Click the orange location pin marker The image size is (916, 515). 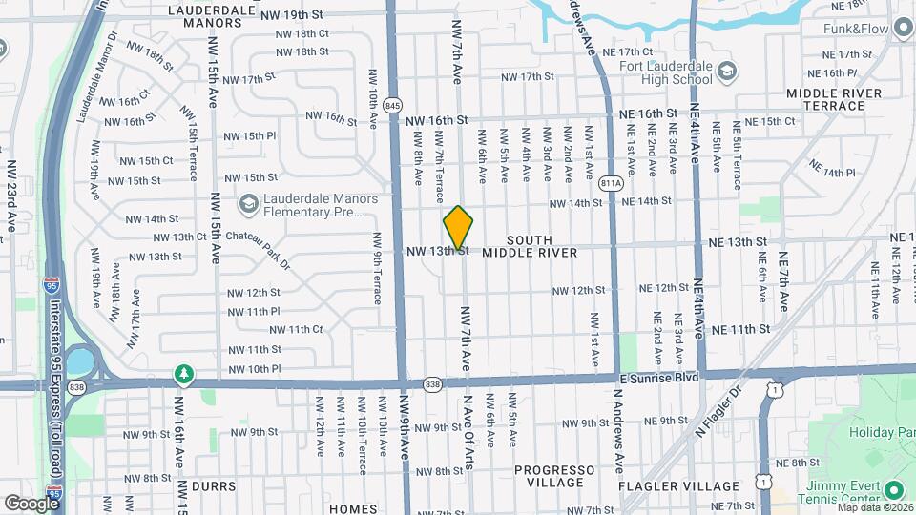coord(459,228)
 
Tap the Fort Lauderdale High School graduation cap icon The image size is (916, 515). coord(727,72)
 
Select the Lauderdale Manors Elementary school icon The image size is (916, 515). coord(249,203)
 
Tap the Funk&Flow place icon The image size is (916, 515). coord(902,29)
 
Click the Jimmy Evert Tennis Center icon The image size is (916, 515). coord(893,490)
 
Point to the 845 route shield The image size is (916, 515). coord(392,104)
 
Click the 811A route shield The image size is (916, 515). coord(612,182)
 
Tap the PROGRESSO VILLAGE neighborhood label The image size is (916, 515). coord(556,477)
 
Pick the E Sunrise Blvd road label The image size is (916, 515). coord(658,379)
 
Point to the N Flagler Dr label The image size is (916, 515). coord(718,411)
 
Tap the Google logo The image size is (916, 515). coord(31,503)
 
